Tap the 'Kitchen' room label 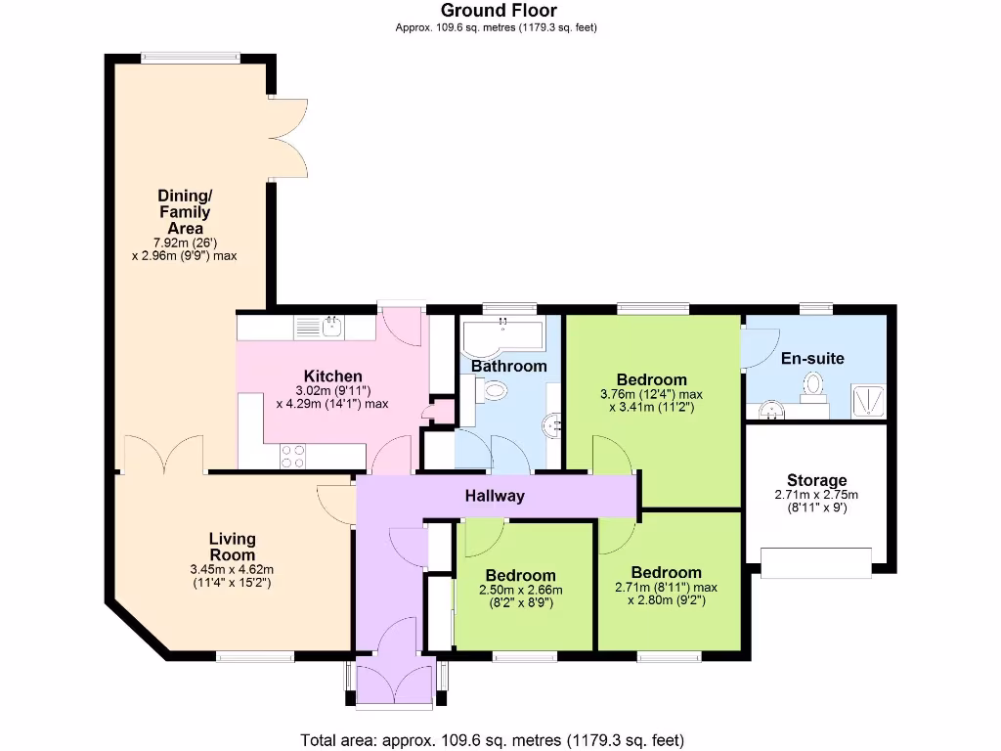[333, 376]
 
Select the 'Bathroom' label [508, 366]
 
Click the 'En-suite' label [812, 358]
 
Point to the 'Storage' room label [817, 480]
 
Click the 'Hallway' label [494, 496]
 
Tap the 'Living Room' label [233, 548]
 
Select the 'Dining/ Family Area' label [184, 211]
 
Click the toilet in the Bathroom [494, 392]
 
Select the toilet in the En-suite [812, 389]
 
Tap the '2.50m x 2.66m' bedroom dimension [520, 590]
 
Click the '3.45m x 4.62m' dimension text [233, 569]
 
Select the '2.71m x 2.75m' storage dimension [817, 495]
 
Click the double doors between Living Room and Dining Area [162, 456]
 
